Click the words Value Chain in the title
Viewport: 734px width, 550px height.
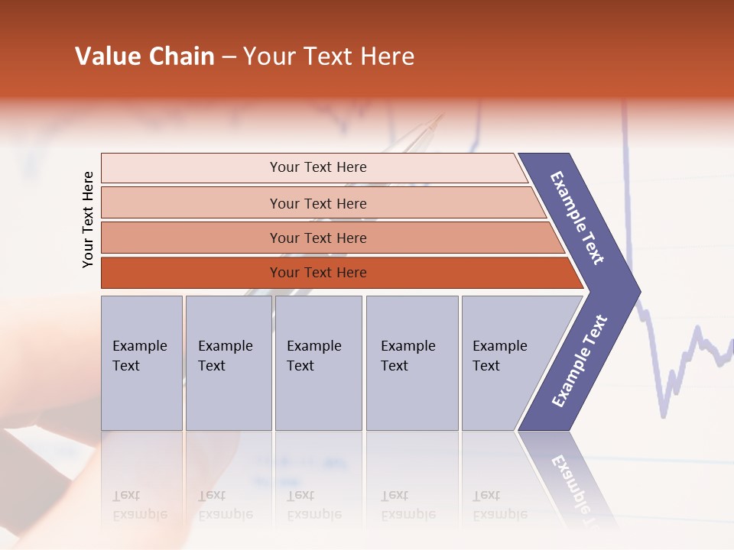[145, 57]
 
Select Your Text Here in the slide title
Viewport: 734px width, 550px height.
[329, 57]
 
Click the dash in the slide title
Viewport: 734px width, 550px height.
[229, 57]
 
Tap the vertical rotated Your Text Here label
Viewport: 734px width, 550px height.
[88, 219]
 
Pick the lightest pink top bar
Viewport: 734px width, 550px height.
[318, 167]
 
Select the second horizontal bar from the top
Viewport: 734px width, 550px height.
[318, 203]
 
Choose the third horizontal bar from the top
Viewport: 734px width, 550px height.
[318, 238]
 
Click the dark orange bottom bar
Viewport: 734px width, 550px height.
[318, 273]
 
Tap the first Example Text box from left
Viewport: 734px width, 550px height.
[141, 363]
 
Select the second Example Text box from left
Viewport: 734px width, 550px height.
[228, 363]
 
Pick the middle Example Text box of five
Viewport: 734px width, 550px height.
[318, 363]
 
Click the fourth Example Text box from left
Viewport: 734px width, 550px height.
[411, 363]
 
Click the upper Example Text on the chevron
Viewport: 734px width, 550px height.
[578, 218]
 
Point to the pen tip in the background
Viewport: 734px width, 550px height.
[441, 116]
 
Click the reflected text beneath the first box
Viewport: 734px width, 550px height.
[139, 505]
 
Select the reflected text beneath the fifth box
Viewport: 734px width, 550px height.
[499, 505]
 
